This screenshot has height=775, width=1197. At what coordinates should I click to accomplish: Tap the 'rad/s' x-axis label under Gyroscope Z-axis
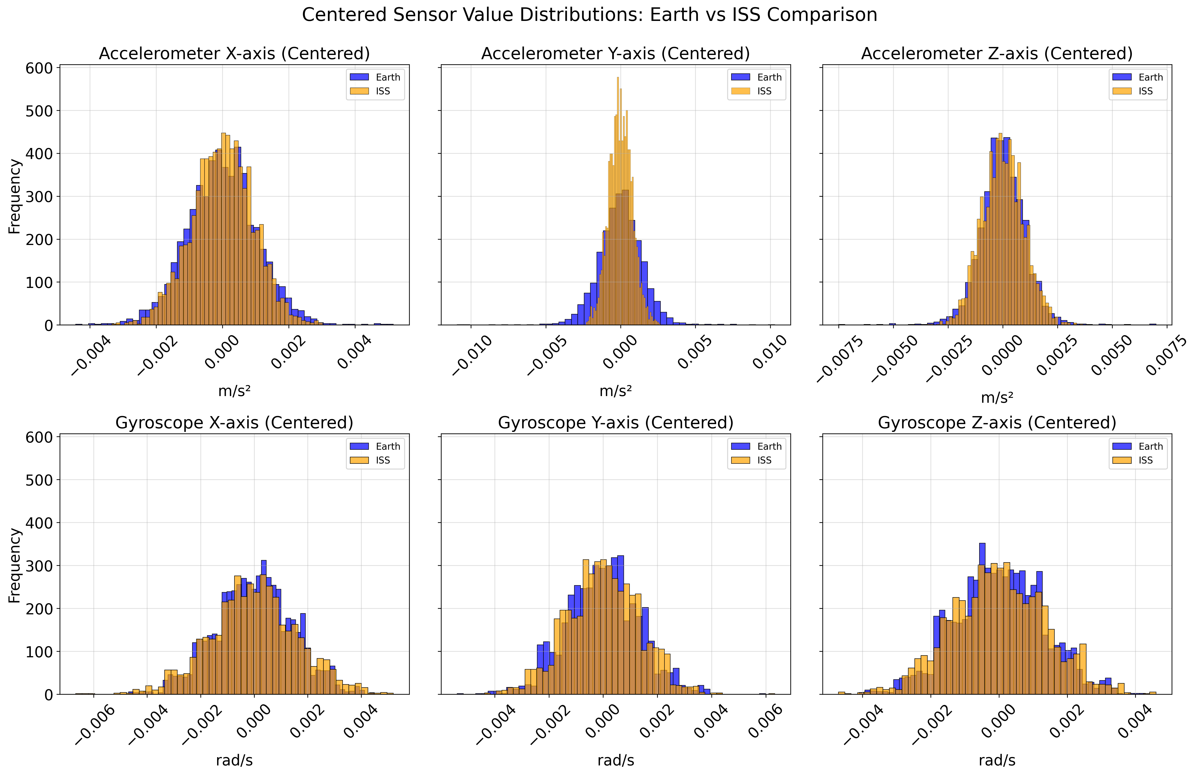(x=997, y=760)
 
